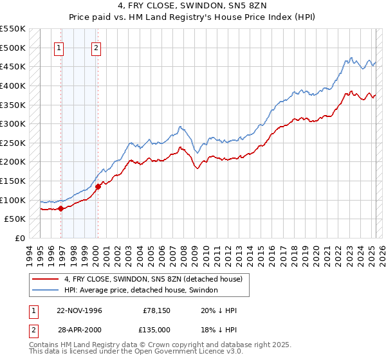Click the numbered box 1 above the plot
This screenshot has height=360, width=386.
59,47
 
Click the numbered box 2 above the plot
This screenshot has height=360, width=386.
96,47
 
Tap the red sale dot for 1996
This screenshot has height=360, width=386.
60,208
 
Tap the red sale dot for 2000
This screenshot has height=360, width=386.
98,186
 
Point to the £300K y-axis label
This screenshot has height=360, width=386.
13,123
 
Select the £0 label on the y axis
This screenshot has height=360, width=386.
21,238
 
